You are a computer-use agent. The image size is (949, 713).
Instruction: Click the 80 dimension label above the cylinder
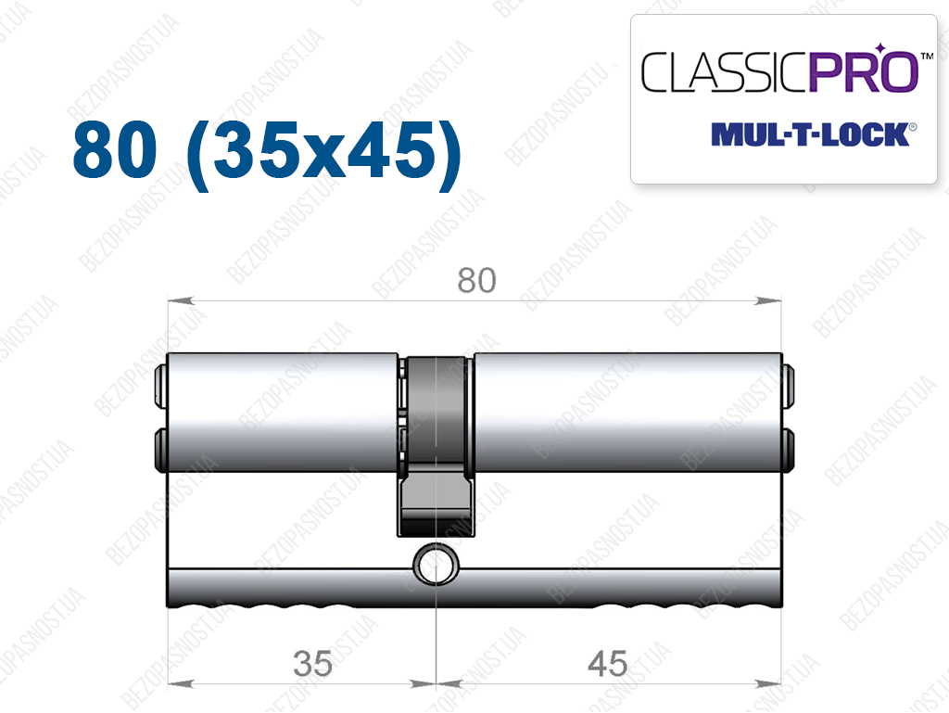click(476, 280)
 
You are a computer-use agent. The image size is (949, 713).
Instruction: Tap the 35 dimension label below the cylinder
click(312, 663)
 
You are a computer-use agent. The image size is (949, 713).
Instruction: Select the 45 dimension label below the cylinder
click(608, 663)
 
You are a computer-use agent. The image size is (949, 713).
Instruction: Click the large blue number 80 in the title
click(115, 149)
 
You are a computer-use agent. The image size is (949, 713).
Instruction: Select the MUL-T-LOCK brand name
click(810, 134)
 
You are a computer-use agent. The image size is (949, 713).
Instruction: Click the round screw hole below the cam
click(436, 566)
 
